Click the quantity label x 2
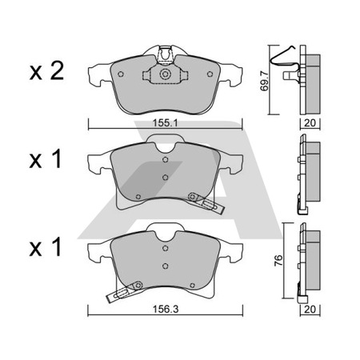click(x=46, y=70)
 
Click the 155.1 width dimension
click(x=165, y=123)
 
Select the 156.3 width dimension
click(x=166, y=309)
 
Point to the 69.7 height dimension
click(x=265, y=81)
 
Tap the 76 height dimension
click(x=278, y=261)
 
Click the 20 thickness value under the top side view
click(x=310, y=123)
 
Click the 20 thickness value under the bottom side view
click(x=310, y=310)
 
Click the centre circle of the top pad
click(x=165, y=74)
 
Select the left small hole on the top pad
click(x=121, y=74)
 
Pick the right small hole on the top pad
click(x=210, y=74)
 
